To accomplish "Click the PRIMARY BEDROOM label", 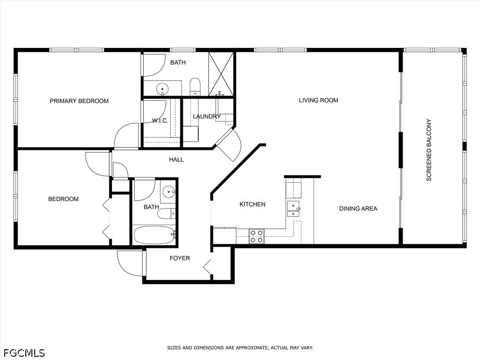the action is coord(79,101).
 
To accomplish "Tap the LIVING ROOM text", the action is coord(318,100).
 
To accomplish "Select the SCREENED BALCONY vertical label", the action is coord(429,150).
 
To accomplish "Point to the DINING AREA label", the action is coord(358,209).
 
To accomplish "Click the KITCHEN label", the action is coord(252,204).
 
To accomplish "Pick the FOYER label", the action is coord(180,258).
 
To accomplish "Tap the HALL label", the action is coord(176,159).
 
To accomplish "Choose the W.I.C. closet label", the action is coord(160,120).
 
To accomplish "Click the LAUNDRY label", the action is coord(207,116).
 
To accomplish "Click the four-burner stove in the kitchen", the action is coord(256,236).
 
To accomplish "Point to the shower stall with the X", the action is coord(221,74).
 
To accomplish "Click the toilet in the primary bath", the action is coord(195,87).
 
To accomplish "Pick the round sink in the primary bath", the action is coord(162,90).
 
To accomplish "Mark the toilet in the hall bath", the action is coord(166,214).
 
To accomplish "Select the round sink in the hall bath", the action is coord(169,192).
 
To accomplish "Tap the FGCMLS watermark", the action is coord(22,353).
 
